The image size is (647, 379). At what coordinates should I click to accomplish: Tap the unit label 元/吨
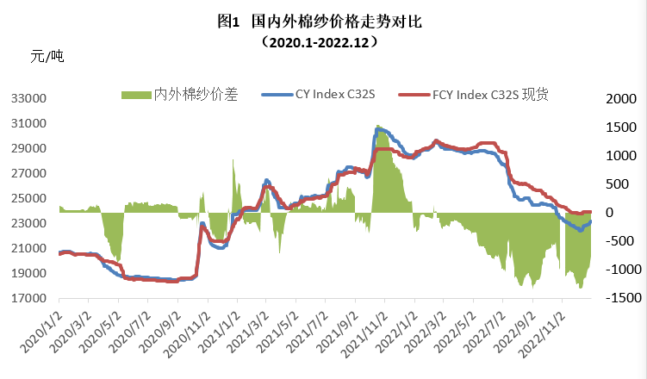point(47,58)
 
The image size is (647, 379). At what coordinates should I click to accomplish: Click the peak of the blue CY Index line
point(378,127)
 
